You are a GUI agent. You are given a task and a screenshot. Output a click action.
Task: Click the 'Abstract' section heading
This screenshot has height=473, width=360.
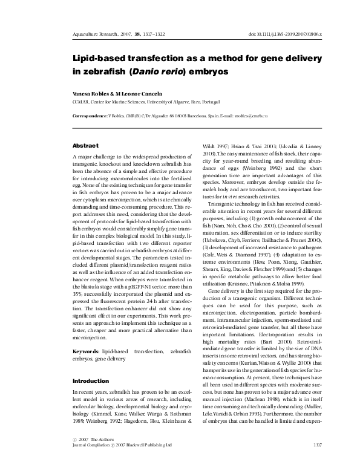click(x=85, y=146)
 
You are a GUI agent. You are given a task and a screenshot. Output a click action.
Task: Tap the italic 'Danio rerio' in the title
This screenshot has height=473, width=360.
click(x=159, y=71)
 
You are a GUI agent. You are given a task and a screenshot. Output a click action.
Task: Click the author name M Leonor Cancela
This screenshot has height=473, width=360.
click(x=134, y=94)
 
